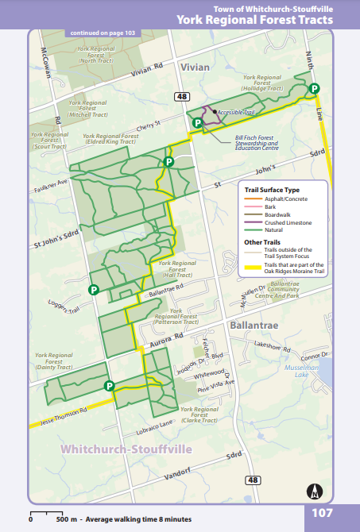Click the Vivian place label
(195, 67)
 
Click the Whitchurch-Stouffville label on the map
(127, 449)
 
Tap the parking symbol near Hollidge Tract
(315, 88)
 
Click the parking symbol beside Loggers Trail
(94, 290)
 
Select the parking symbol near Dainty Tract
(109, 386)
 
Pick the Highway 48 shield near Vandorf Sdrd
(253, 480)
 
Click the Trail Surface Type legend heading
(272, 190)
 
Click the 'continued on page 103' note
(103, 33)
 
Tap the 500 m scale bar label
(65, 519)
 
